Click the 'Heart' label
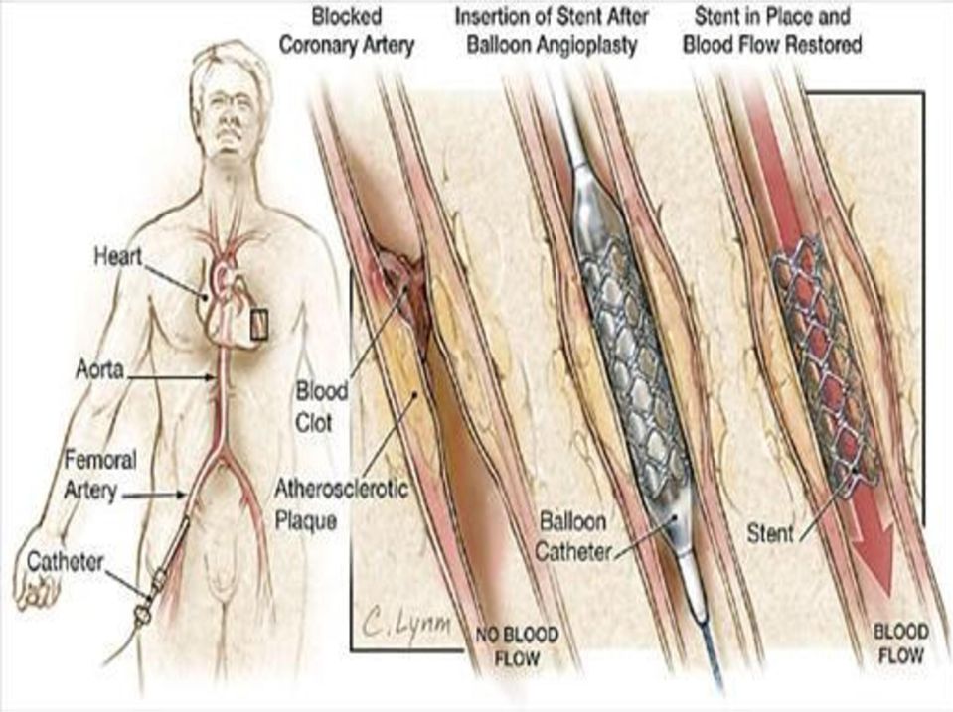coord(118,256)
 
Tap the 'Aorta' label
coord(100,369)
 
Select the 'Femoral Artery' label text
coord(99,475)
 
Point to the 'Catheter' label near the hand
coord(66,562)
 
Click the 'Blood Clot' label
coord(322,407)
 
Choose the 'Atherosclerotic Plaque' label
coord(342,504)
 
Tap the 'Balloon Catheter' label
coord(573,537)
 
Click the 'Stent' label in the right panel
coord(770,534)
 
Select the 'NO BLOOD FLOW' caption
coord(517,645)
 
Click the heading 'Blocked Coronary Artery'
coord(347,31)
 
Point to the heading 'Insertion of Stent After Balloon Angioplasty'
coord(552,31)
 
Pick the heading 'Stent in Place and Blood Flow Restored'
coord(772,31)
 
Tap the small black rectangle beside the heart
coord(259,325)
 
